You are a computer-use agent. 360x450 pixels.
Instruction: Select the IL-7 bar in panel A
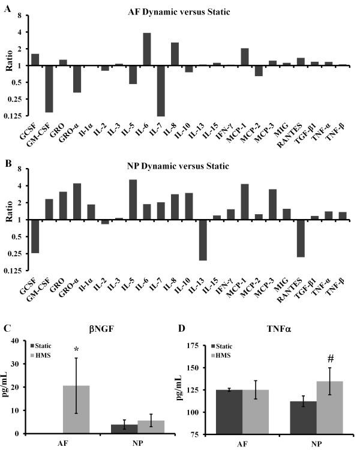coord(161,91)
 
